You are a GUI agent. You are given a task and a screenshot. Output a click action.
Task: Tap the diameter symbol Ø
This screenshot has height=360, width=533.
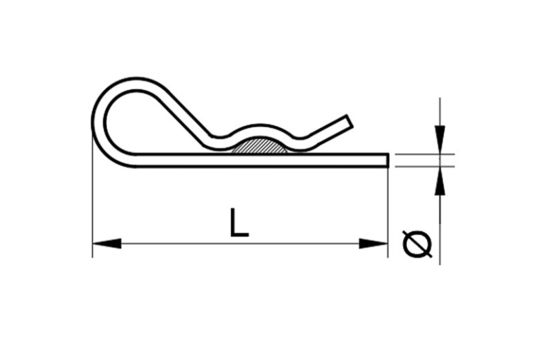point(417,244)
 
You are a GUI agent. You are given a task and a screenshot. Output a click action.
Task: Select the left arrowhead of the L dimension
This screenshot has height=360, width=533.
point(106,244)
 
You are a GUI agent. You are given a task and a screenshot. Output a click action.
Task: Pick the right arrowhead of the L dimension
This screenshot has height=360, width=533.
point(374,244)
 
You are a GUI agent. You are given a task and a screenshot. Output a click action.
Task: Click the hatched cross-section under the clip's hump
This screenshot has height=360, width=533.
point(259,147)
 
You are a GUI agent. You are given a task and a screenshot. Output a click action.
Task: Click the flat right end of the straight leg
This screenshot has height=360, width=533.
point(386,160)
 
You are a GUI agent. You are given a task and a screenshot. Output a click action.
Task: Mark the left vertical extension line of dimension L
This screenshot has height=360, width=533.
point(92,208)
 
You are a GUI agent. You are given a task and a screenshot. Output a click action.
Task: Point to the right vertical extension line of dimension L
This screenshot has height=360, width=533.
point(388,208)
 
